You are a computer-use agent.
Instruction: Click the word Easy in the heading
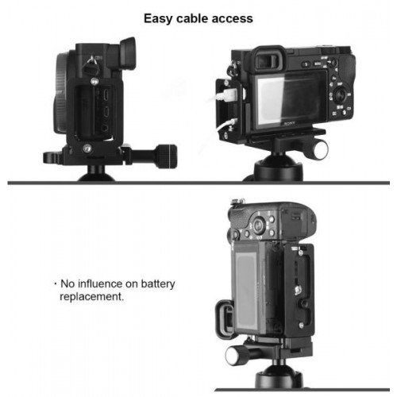[159, 19]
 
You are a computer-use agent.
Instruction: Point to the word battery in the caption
[158, 284]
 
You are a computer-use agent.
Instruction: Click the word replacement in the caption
[91, 297]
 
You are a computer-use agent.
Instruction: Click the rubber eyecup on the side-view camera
[129, 52]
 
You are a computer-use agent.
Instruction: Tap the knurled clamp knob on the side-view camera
[166, 156]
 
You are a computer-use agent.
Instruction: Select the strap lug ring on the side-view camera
[91, 66]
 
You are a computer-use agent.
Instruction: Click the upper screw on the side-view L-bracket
[94, 81]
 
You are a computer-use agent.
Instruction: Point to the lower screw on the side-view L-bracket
[87, 148]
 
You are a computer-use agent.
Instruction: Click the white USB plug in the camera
[226, 95]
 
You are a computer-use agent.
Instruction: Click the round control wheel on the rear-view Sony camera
[341, 95]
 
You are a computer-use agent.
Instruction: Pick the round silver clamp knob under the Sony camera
[320, 150]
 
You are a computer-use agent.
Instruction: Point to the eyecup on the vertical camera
[225, 319]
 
